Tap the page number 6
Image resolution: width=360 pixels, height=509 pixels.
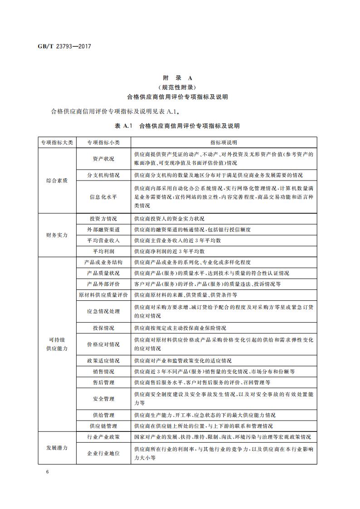47,472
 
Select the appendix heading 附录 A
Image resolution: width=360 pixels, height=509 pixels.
180,78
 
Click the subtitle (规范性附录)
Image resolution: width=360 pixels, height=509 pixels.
180,87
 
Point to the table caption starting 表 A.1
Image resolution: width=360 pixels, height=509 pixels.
180,126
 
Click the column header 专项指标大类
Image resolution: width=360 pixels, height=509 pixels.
57,142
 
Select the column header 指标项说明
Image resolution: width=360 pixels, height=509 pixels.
224,142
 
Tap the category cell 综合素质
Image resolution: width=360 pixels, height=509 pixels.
57,180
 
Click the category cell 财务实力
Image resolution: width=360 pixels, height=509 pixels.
57,235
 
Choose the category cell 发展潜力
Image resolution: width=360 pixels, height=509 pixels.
57,448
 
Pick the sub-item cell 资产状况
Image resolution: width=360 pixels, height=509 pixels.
103,159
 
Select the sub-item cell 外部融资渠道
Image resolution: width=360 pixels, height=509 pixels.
103,229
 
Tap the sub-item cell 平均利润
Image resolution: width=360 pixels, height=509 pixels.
103,251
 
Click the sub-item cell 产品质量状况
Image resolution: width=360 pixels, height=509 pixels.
103,273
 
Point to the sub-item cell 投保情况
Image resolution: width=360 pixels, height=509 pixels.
103,328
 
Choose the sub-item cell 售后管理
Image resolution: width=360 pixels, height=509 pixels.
103,382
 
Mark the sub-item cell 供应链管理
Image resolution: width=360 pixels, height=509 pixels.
103,426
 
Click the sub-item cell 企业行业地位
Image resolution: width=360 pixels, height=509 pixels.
103,453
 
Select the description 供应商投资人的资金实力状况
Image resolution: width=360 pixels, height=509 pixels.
169,218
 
